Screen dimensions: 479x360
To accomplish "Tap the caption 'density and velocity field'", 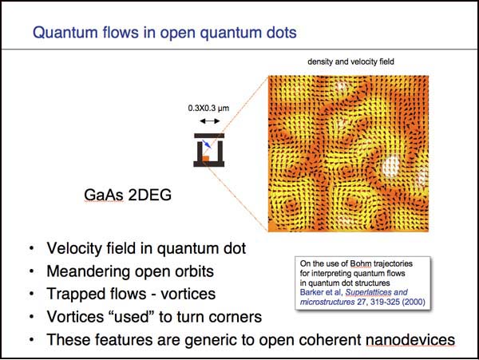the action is [350, 61].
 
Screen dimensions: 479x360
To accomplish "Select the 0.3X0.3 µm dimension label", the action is [208, 108].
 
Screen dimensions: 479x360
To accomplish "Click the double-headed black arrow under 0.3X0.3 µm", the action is [209, 121].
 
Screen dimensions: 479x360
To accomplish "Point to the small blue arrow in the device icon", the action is [207, 144].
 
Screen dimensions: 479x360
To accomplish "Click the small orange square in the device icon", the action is [206, 159].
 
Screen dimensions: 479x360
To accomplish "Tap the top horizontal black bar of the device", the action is [209, 136].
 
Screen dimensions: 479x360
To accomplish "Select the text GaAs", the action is [104, 195].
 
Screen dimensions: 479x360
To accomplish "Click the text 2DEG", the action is [150, 195].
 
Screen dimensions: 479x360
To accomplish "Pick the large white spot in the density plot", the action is [391, 166].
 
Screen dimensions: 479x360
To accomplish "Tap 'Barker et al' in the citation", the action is [320, 292].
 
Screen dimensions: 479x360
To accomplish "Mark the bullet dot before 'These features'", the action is [31, 339].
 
